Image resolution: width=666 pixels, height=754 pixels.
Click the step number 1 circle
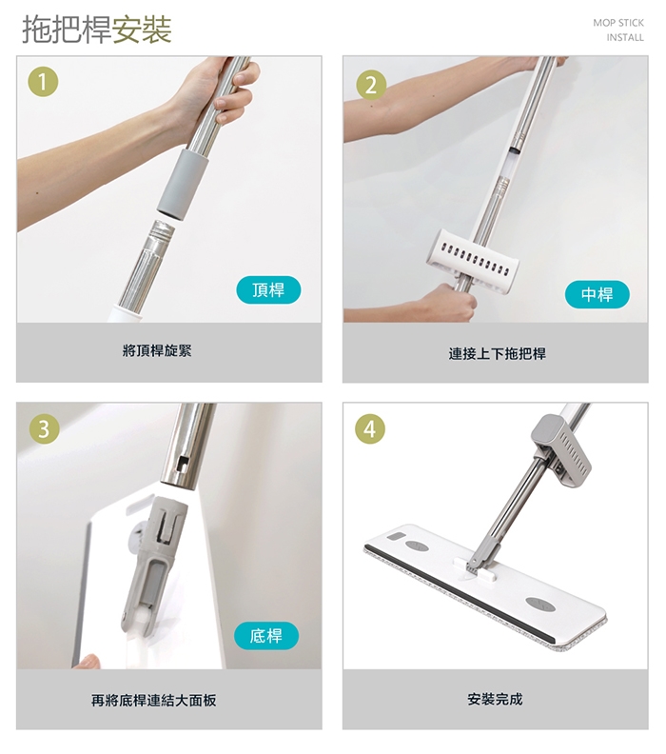43,82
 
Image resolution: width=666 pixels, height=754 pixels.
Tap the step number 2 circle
371,85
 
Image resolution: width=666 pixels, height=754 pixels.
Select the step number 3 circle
44,428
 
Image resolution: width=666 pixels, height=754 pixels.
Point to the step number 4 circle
370,428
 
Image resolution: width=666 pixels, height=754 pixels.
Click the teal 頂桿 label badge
268,290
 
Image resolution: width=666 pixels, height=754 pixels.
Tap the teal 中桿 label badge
597,294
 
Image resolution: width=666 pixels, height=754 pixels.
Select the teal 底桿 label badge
266,636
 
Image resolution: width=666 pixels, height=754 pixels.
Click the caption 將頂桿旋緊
157,350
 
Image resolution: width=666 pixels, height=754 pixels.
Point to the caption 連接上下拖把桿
498,354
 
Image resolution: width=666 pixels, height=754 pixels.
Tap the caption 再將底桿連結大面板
154,700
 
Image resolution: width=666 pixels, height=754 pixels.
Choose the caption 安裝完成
495,699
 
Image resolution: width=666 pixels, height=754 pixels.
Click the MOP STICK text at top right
618,23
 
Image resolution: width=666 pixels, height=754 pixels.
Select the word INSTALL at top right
625,37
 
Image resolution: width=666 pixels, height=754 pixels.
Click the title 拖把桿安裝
97,30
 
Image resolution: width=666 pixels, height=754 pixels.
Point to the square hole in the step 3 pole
183,463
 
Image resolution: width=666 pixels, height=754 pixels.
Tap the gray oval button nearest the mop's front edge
540,605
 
